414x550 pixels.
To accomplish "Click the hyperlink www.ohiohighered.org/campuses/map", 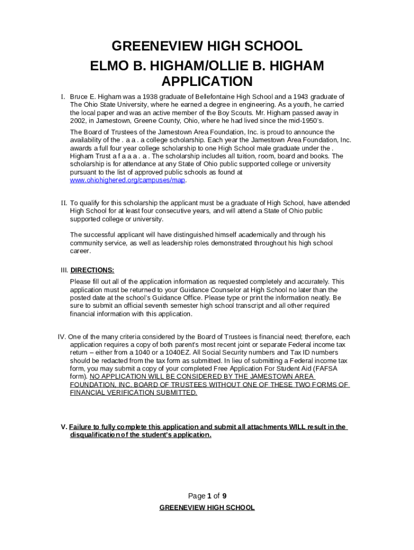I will [128, 180].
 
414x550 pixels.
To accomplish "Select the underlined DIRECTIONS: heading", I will [92, 270].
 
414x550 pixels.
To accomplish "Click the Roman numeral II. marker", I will [63, 203].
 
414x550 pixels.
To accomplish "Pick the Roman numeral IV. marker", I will [62, 337].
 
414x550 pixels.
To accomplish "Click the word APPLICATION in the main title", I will [207, 82].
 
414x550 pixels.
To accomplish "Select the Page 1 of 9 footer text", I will [207, 496].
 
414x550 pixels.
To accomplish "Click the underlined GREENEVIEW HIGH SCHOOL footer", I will [207, 508].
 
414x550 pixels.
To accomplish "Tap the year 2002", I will [78, 121].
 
